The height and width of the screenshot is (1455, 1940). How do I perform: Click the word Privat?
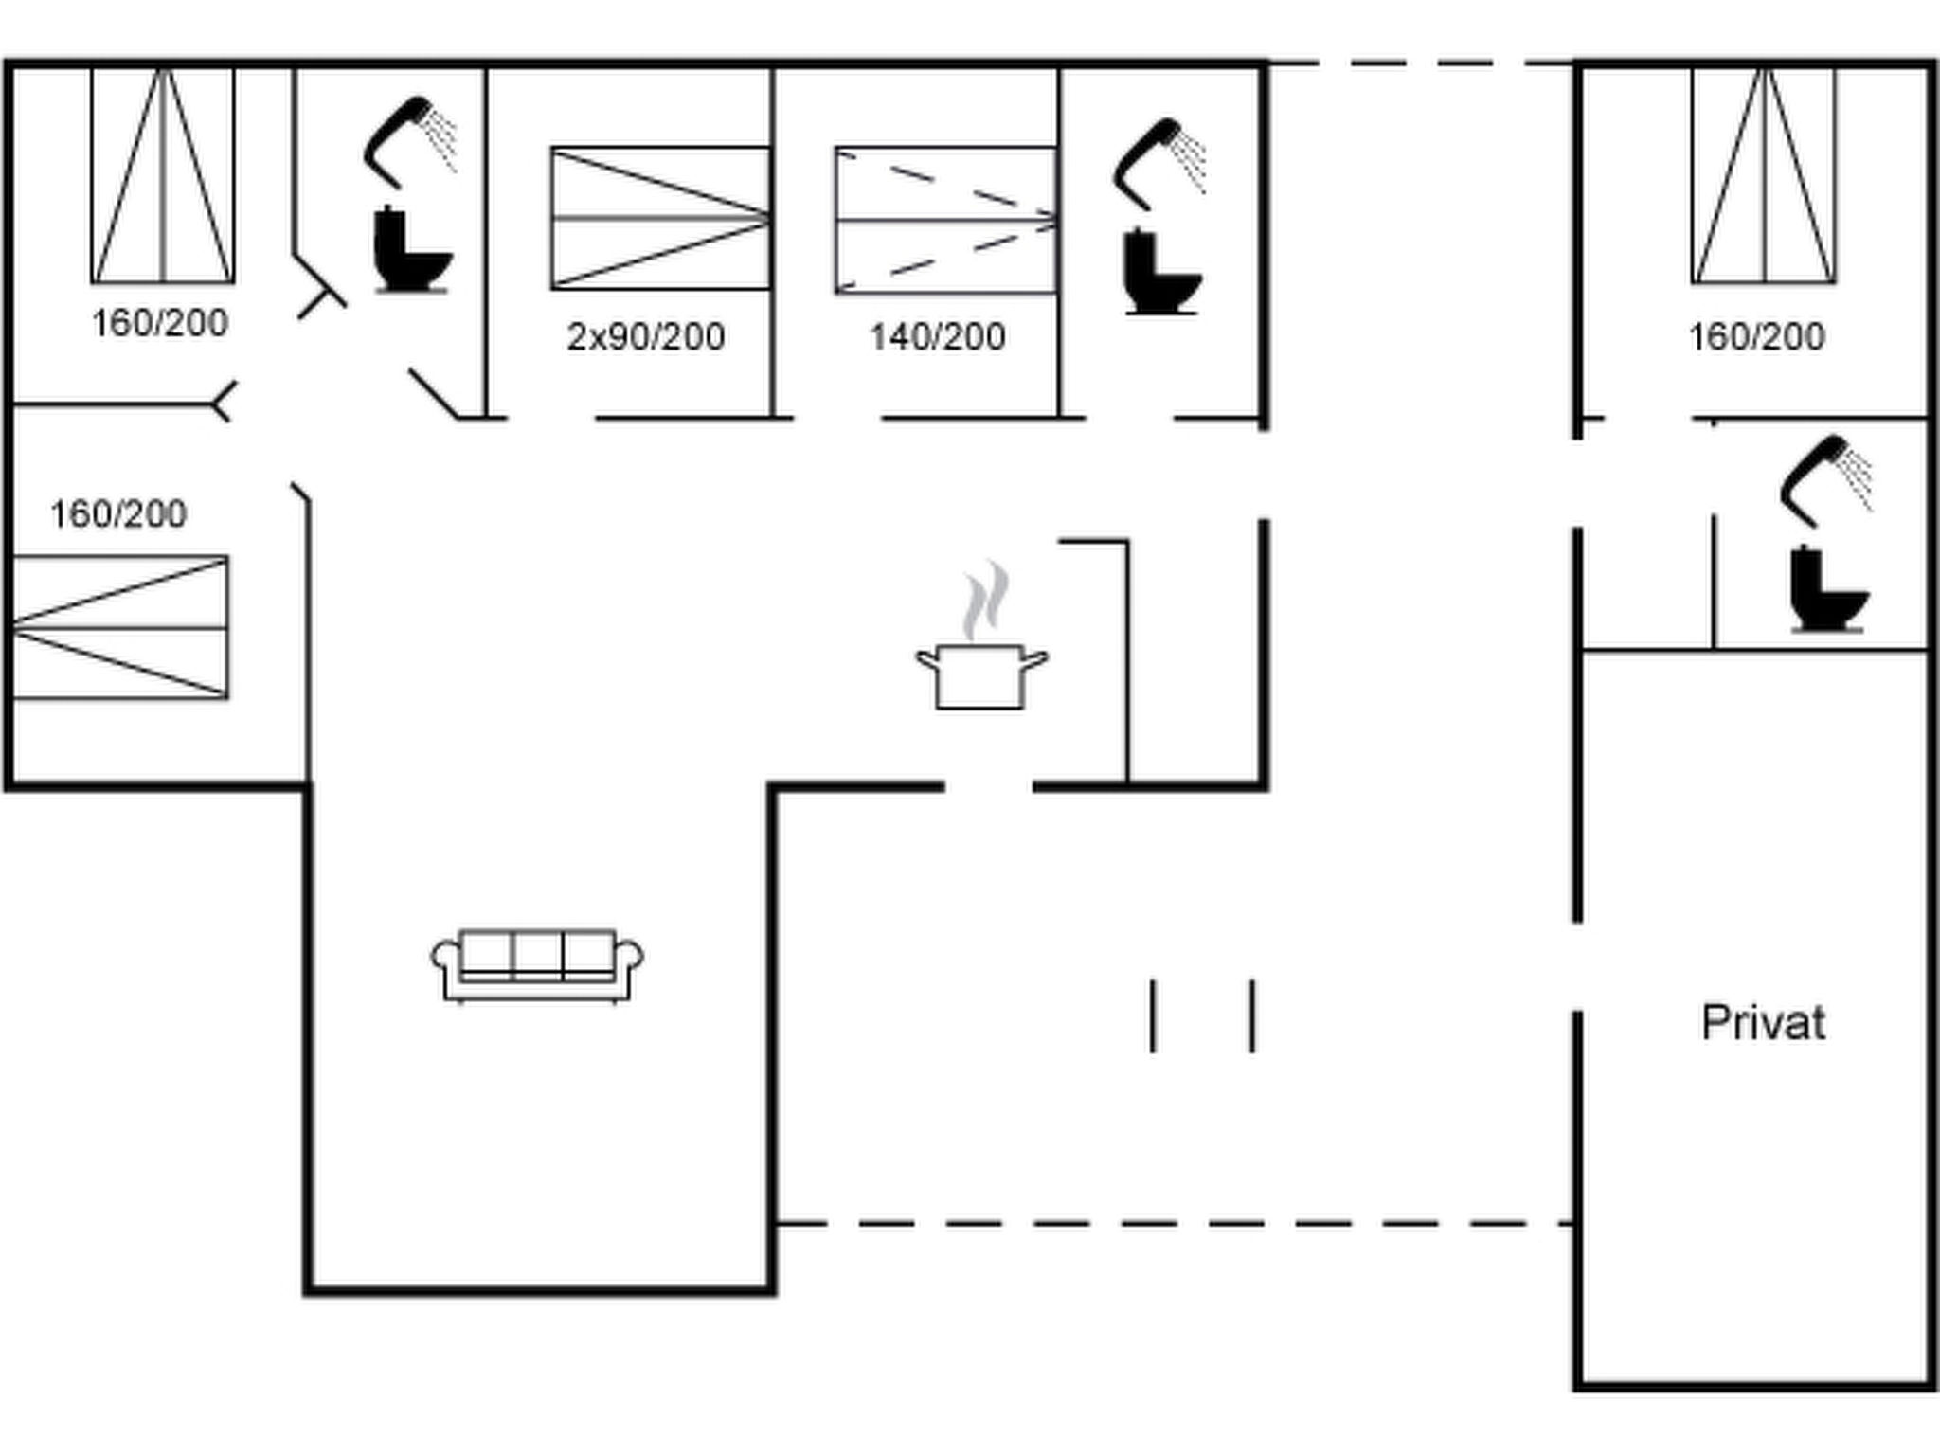coord(1763,1024)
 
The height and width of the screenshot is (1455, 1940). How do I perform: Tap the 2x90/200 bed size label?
coord(646,337)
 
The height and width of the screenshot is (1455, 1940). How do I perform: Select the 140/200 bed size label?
coord(938,337)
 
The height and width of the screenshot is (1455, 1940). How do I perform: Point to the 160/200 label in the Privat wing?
coord(1756,337)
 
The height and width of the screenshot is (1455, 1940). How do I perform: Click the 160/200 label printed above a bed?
coord(118,514)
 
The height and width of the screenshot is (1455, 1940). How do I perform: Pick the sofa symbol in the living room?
coord(537,965)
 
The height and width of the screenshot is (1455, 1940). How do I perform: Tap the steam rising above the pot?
coord(985,601)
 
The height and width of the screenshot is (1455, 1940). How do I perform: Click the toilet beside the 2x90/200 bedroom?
coord(411,250)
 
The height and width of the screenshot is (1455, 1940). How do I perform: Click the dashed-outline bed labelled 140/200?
coord(945,220)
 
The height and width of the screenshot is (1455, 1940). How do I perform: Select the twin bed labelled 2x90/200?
coord(660,218)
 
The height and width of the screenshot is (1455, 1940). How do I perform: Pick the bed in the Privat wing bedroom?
coord(1764,175)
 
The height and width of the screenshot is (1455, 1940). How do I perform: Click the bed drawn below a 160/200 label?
coord(120,628)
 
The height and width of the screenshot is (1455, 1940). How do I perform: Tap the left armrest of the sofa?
coord(443,959)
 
